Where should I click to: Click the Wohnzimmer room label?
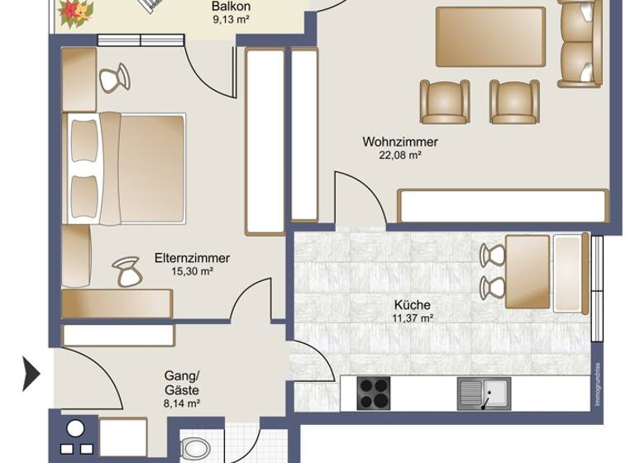coord(399,141)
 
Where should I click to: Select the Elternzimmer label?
coord(192,258)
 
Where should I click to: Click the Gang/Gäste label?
coord(182,382)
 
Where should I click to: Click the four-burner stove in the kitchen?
coord(373,393)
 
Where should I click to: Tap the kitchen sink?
coord(485,394)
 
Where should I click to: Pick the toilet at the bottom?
coord(195,450)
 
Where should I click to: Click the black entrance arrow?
coord(31,374)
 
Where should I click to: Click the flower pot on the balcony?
coord(77,11)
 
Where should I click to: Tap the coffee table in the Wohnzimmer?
coord(490,36)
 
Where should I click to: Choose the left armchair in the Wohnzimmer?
coord(445,101)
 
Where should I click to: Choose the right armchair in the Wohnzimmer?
coord(514,101)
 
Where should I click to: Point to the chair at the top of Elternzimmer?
coord(115,79)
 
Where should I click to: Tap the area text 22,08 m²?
coord(399,155)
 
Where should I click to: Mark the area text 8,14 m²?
coord(182,403)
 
